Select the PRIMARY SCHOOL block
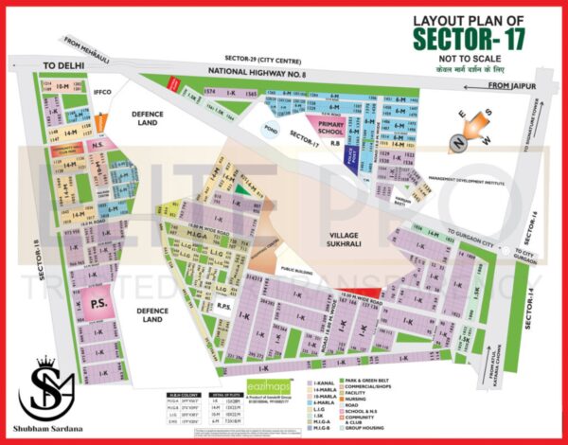(330, 128)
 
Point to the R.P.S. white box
(224, 306)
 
